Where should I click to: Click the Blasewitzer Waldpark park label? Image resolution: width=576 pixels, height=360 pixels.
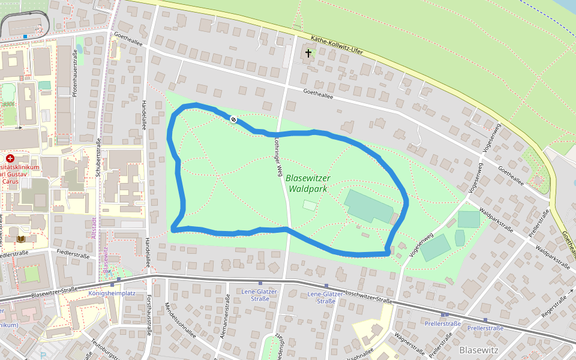(308, 183)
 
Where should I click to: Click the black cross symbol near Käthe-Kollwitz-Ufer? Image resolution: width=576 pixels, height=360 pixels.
(308, 53)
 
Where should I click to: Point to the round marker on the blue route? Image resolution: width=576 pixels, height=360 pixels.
(233, 119)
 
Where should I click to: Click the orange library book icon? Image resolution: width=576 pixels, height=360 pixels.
(21, 239)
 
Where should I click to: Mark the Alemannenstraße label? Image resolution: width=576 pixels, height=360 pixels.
(225, 319)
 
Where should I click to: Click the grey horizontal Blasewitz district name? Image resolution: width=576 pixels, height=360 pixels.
(478, 349)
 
